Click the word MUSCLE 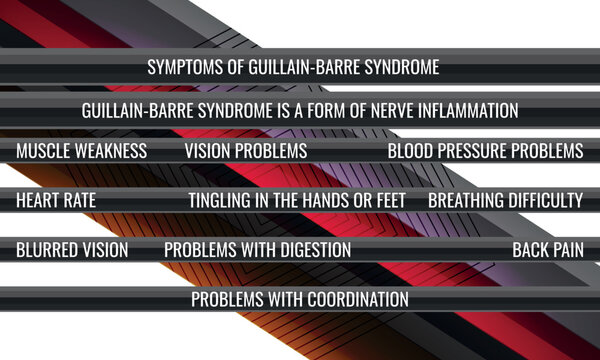coord(46,151)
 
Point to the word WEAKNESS coord(114,151)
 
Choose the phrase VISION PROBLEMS coord(246,151)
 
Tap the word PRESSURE coord(480,151)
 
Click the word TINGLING coord(221,200)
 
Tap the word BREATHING coord(466,200)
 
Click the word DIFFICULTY coord(546,200)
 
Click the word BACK coord(531,249)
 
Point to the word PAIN coord(570,249)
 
